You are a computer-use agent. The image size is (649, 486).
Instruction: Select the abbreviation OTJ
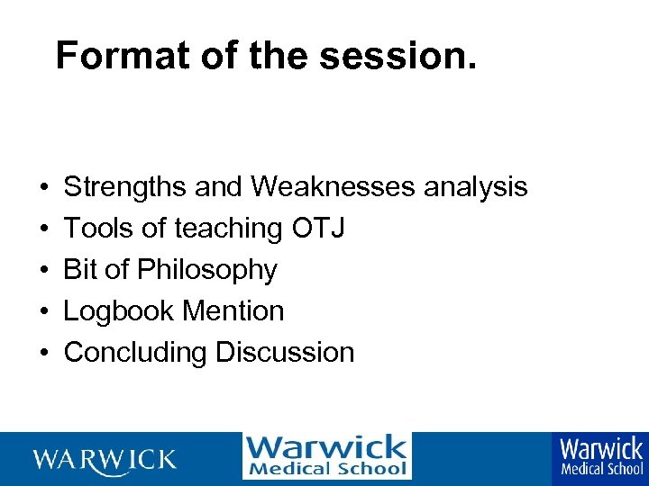coord(318,229)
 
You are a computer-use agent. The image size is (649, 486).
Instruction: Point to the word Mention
coord(233,311)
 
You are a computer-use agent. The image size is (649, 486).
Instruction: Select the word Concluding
coord(135,353)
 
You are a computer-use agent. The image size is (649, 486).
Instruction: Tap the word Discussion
coord(284,353)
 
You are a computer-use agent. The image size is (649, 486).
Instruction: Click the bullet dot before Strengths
coord(43,188)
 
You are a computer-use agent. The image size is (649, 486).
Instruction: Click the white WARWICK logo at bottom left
coord(105,460)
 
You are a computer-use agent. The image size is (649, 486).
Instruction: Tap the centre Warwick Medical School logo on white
coord(326,456)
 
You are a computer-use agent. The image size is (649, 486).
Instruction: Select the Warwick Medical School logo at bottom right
coord(601,456)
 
